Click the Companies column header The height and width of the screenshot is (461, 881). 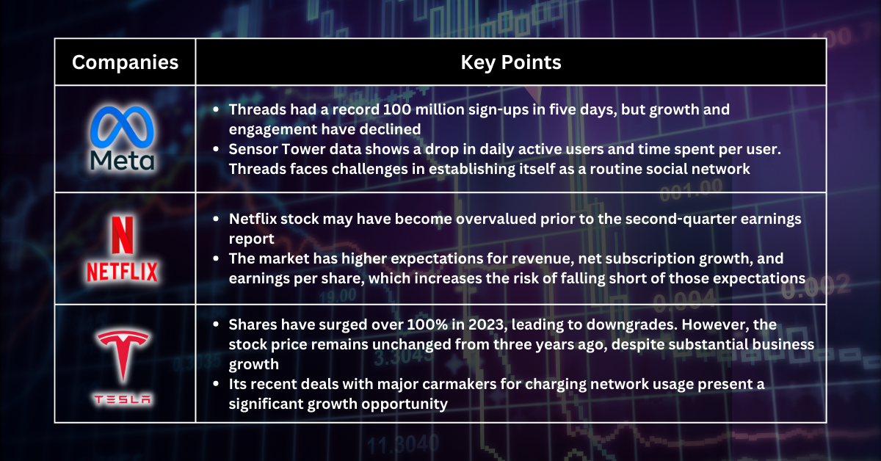125,62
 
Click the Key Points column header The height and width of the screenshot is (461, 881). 511,62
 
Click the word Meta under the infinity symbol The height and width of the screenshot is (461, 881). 123,161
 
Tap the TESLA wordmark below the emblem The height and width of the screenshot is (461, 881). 123,399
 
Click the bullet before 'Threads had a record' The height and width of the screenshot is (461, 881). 215,110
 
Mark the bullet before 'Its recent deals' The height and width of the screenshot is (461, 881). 215,385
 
